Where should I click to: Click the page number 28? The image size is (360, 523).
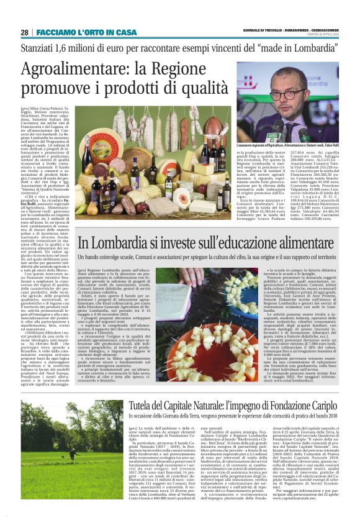(24, 32)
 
